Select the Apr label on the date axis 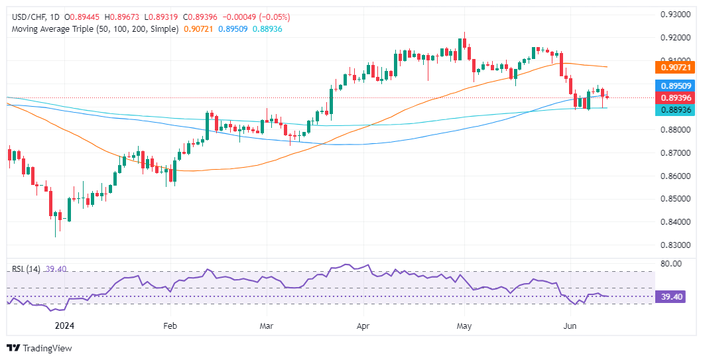(x=363, y=326)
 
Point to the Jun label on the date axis (x=569, y=326)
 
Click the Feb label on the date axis (x=170, y=326)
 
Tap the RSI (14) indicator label (x=27, y=269)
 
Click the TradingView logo (x=39, y=348)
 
